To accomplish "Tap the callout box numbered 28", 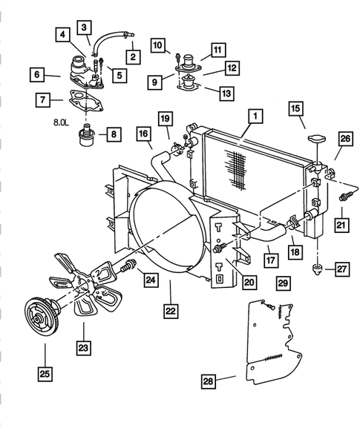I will coord(209,381).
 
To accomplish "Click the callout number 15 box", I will coord(296,109).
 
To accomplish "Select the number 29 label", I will coord(283,282).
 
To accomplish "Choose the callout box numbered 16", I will coord(144,134).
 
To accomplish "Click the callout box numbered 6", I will coord(35,74).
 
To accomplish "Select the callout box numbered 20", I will coord(248,281).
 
